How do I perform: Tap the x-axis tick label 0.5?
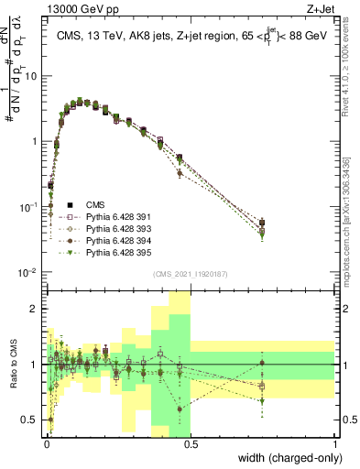[x=190, y=444]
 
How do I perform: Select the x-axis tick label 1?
[x=334, y=444]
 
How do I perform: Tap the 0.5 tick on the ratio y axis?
[x=31, y=420]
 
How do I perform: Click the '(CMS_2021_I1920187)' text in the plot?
[x=190, y=272]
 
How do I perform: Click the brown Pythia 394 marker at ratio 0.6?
[x=180, y=409]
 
